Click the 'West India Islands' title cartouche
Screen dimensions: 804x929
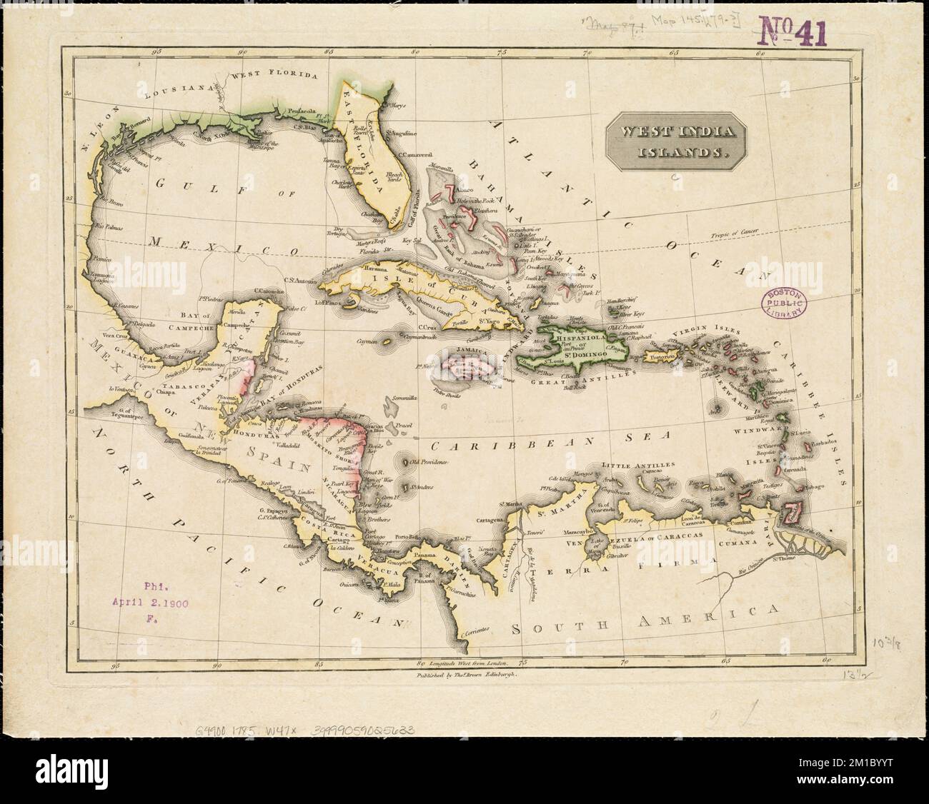coord(675,141)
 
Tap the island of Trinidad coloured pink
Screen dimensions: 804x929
coord(791,513)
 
